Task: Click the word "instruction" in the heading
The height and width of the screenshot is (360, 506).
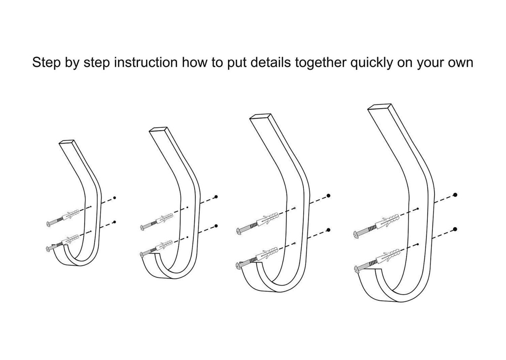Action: point(146,62)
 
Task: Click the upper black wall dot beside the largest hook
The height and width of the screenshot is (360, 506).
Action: point(455,195)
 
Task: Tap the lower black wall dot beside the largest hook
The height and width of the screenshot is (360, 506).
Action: point(455,229)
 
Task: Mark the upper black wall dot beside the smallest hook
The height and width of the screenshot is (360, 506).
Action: point(115,197)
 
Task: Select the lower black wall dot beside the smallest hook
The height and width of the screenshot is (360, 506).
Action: point(115,222)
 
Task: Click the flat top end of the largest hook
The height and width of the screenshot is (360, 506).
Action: point(379,107)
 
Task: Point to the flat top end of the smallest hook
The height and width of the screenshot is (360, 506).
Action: point(66,141)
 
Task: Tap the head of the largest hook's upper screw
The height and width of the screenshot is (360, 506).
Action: point(355,235)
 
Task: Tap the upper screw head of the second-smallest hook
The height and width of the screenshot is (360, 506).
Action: point(143,227)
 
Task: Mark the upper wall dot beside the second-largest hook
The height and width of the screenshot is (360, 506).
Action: point(328,196)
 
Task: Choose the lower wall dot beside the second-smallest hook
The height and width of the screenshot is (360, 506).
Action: point(216,226)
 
